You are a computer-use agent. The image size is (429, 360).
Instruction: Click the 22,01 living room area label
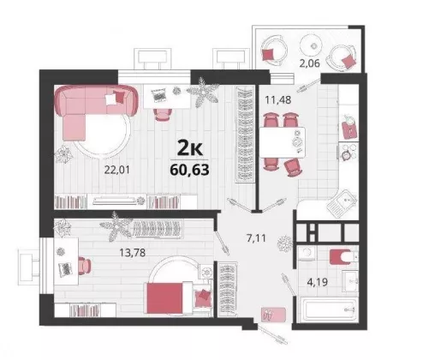(117, 170)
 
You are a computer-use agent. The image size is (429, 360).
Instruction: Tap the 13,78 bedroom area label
(132, 253)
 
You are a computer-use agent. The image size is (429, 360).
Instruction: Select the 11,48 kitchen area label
(278, 100)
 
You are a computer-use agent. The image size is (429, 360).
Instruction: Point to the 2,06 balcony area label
(309, 63)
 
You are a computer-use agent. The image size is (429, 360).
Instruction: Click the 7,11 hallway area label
(256, 237)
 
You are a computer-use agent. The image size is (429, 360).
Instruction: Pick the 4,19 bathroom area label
(318, 282)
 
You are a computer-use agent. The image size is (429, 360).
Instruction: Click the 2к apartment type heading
(190, 148)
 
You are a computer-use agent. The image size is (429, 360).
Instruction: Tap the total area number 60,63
(189, 170)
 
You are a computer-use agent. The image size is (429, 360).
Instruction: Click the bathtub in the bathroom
(331, 309)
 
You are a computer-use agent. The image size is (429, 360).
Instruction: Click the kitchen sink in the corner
(342, 203)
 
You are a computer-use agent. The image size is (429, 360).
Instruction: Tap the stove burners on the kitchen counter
(348, 152)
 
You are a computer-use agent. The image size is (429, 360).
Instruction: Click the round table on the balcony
(311, 45)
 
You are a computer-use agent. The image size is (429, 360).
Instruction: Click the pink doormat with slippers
(273, 315)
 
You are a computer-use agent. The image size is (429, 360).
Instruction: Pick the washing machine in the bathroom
(307, 254)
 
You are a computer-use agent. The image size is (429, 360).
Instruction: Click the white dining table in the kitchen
(283, 142)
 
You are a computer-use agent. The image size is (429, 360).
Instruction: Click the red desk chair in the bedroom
(85, 265)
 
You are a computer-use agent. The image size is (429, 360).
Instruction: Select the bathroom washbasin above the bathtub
(350, 281)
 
